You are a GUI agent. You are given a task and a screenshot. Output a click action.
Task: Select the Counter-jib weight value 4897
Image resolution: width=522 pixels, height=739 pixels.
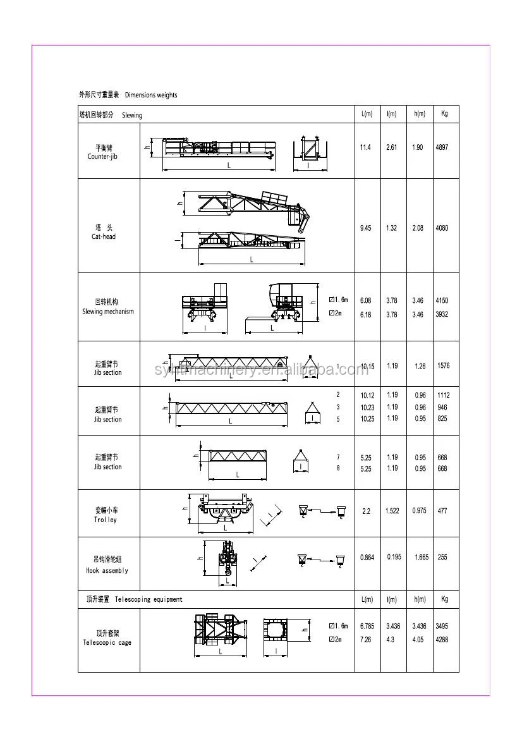[442, 147]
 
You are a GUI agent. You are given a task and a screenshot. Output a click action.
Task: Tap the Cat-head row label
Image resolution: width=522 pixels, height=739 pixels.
[104, 232]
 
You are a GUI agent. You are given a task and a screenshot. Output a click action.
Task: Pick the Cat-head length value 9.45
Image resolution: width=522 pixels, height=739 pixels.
[365, 228]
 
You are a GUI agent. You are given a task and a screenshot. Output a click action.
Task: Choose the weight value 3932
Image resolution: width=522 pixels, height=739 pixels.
[442, 315]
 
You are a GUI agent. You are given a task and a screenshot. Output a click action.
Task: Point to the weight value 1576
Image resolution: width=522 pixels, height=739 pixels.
[443, 366]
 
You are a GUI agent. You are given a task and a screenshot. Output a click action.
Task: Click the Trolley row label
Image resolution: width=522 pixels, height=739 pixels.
[106, 515]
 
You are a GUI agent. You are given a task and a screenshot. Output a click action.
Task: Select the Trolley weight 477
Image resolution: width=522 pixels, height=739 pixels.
[442, 511]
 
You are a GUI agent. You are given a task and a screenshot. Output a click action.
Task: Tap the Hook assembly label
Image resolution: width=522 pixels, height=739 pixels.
[107, 565]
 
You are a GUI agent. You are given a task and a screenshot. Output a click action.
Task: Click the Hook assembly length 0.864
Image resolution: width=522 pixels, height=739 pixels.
[367, 558]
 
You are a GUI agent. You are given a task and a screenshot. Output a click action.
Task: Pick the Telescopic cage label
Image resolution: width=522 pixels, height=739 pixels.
[107, 638]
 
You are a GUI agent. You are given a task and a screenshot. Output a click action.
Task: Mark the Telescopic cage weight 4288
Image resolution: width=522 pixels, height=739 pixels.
[442, 640]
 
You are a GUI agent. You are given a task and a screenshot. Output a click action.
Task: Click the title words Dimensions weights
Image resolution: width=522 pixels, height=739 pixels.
[151, 95]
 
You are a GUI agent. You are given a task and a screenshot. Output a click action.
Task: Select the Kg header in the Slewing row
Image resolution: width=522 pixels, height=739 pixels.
[445, 114]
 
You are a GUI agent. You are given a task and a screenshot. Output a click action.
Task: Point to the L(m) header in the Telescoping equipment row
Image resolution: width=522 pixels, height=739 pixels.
[367, 599]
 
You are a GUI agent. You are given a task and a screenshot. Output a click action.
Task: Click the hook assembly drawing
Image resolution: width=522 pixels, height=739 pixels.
[226, 560]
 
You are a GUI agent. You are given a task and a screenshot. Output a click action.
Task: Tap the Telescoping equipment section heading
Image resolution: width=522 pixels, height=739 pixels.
[134, 599]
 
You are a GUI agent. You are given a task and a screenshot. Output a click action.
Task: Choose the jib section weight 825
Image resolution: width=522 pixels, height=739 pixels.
[442, 419]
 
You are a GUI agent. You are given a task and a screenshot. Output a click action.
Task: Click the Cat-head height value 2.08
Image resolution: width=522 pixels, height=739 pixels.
[418, 228]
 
